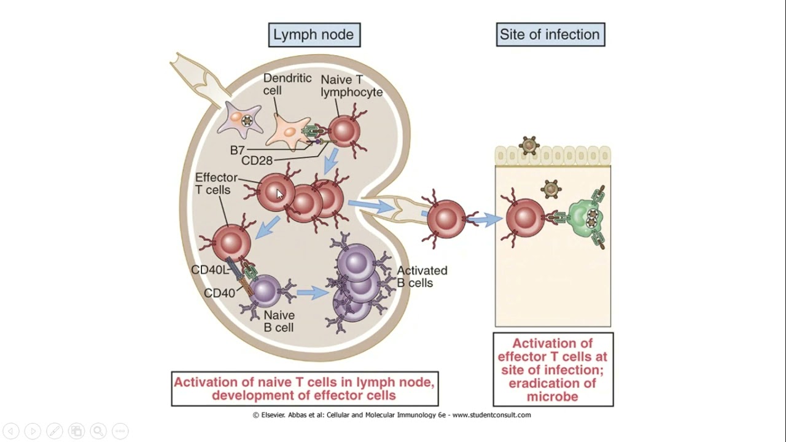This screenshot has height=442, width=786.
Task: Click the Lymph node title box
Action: (x=314, y=35)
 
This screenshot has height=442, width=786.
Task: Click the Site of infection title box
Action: (x=550, y=35)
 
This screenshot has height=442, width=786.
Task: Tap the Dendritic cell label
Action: (x=281, y=85)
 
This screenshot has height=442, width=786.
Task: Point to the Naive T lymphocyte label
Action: (x=351, y=86)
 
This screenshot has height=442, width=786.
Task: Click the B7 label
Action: (x=238, y=150)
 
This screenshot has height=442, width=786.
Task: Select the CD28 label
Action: (x=257, y=161)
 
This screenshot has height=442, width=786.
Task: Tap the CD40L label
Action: (x=209, y=270)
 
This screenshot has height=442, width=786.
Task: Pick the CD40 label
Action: (x=219, y=293)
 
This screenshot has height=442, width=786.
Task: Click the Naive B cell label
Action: (x=279, y=322)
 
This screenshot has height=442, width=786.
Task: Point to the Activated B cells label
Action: (x=422, y=277)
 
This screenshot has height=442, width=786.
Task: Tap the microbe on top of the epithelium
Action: (x=529, y=145)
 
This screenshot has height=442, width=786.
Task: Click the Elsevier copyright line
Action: (x=392, y=415)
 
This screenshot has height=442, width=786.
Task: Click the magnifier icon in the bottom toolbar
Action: (x=98, y=431)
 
